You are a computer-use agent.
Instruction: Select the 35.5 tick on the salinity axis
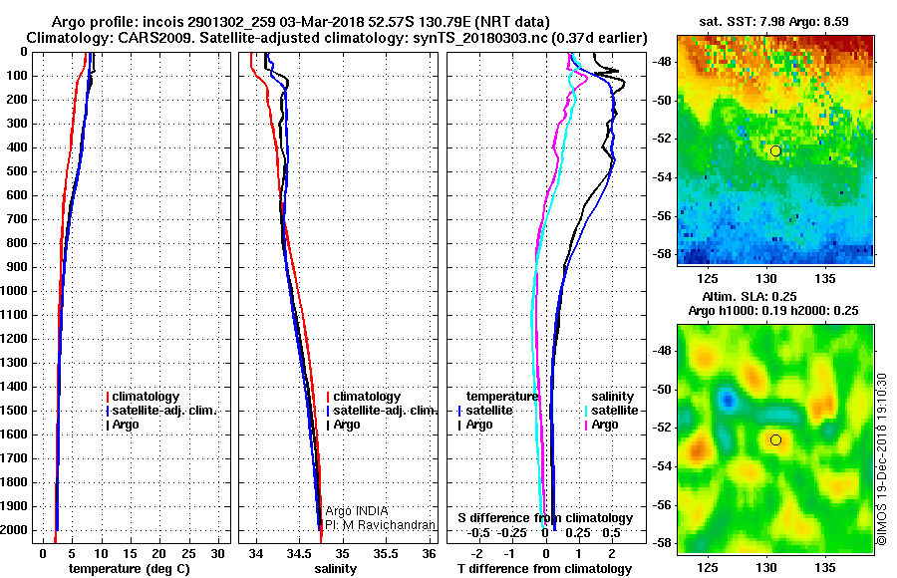386,553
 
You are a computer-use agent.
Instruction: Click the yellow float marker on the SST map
775,150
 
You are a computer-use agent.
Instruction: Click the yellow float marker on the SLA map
775,439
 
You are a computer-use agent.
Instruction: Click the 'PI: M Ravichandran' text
380,524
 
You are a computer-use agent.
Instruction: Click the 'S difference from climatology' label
545,518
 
